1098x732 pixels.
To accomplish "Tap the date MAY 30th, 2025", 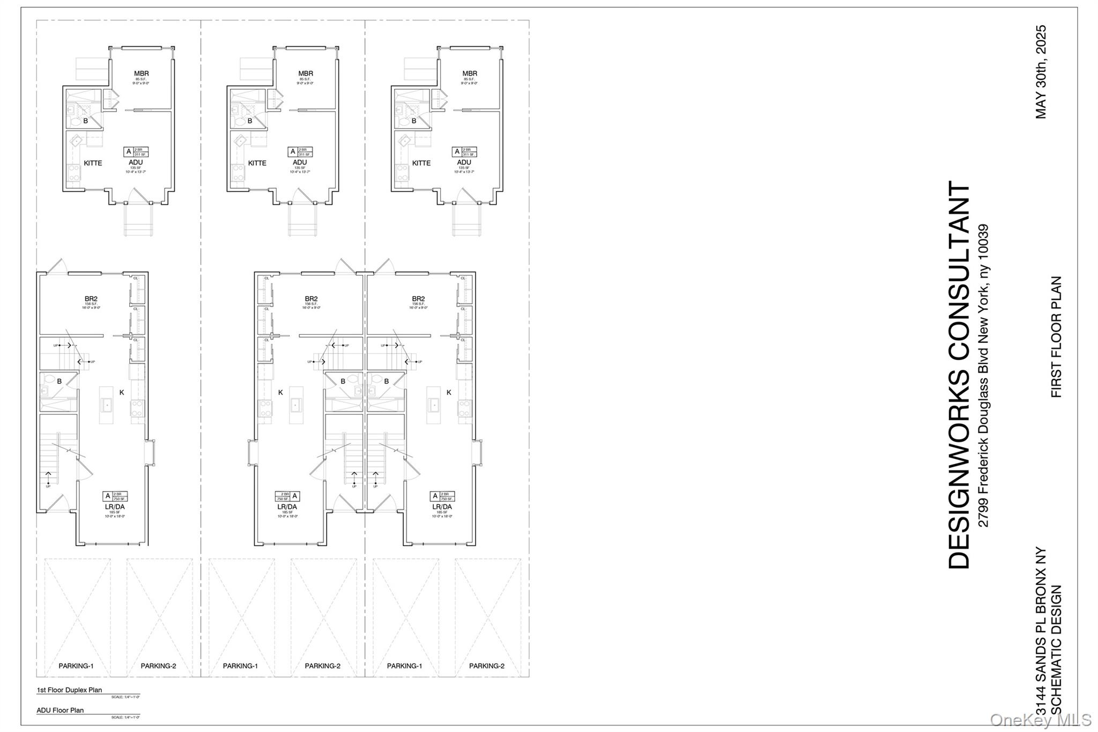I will point(1041,72).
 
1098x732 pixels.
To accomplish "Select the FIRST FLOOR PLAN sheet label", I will point(1056,337).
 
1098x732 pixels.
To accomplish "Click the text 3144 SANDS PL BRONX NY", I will point(1041,638).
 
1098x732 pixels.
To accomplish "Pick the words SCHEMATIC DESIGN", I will point(1056,657).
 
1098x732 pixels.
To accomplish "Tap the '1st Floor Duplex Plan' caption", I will point(69,690).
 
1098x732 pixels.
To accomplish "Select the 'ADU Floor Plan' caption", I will point(60,710).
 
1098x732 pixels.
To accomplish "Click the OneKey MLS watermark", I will point(1041,720).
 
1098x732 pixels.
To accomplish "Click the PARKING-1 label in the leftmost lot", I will point(76,666).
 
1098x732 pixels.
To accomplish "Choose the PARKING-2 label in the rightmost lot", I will point(487,666).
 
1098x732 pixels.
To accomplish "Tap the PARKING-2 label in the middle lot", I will point(323,666).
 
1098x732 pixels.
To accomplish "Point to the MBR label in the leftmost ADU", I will point(142,73).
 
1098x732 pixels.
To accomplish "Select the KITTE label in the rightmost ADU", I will point(421,163).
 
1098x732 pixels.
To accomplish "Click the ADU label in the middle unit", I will point(300,162).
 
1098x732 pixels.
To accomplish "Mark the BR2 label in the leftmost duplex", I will point(91,299).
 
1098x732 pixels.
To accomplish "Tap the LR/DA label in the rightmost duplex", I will point(442,507).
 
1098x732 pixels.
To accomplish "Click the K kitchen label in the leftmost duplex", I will point(122,393).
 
